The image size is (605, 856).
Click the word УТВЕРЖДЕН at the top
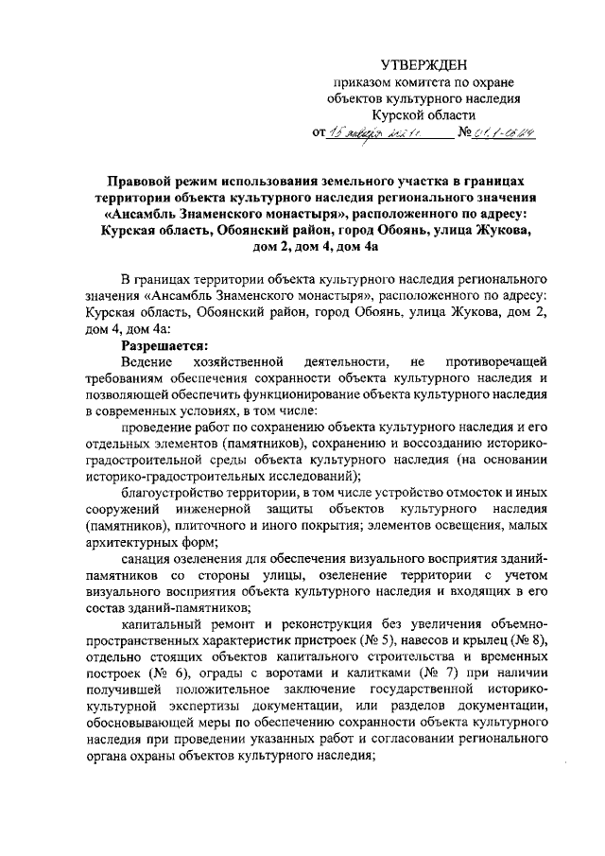click(x=423, y=64)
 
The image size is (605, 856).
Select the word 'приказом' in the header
click(x=354, y=83)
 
